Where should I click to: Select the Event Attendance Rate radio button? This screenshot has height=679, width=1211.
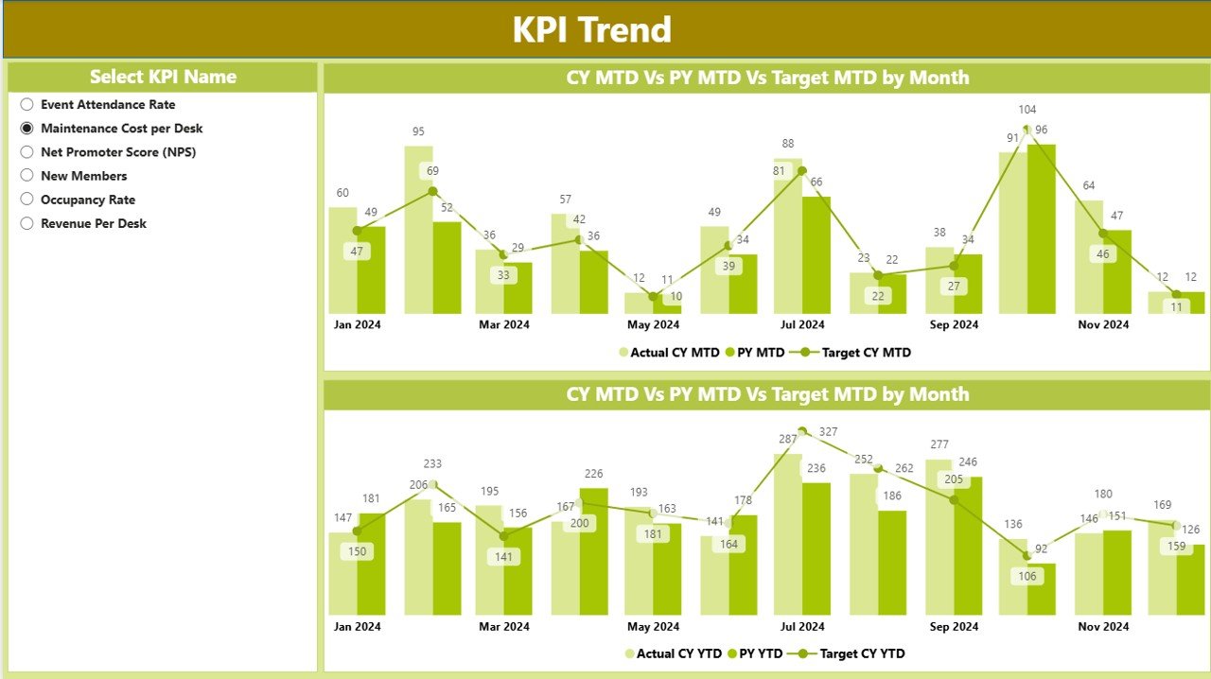pos(26,105)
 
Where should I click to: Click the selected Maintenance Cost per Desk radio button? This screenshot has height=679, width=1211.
pos(26,129)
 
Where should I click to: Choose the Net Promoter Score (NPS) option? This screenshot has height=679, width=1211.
pos(26,152)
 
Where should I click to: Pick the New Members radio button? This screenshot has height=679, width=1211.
pos(26,176)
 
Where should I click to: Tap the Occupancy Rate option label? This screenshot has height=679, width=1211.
pos(88,200)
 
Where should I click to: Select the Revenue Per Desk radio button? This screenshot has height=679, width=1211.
pos(26,224)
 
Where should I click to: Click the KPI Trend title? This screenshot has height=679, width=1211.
pos(592,29)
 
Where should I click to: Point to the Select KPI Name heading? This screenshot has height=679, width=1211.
pos(163,77)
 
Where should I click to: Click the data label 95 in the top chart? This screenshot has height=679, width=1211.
pos(418,131)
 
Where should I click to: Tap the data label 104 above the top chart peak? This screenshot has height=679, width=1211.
pos(1027,110)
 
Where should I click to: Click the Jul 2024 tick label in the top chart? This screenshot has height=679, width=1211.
pos(802,324)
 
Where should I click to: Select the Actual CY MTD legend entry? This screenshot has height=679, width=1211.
pos(670,353)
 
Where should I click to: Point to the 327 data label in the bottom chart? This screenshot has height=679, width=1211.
pos(829,431)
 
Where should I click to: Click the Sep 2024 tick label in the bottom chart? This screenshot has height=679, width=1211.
pos(954,626)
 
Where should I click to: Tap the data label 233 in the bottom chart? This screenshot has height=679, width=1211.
pos(432,463)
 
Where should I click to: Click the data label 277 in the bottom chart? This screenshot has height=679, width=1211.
pos(939,444)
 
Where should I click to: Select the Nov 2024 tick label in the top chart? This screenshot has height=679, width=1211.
pos(1103,324)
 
